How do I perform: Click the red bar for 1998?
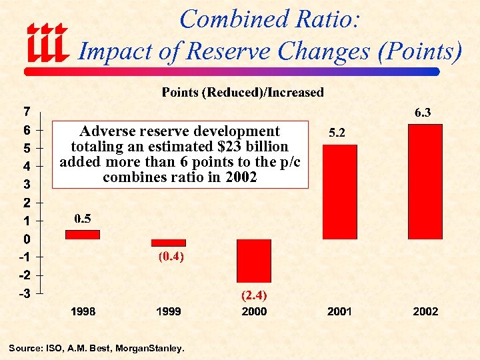83,235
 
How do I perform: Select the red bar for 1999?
169,243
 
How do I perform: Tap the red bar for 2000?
254,261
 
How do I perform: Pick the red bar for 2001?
339,192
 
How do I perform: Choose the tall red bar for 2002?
425,181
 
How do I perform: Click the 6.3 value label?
423,113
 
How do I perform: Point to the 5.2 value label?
336,133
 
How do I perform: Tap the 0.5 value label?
83,218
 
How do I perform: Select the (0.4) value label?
171,256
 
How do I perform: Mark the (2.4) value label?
254,294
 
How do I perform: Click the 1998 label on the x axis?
83,311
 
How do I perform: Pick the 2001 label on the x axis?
339,311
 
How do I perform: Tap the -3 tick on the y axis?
23,293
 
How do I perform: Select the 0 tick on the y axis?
26,239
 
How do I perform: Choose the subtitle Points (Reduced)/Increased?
243,92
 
